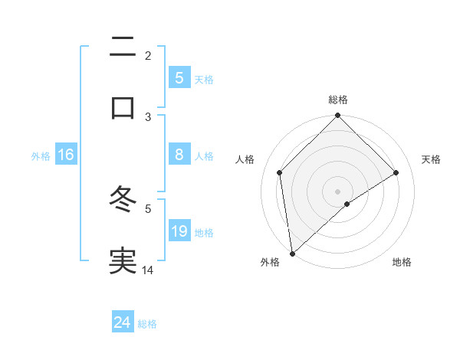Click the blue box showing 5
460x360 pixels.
pos(179,77)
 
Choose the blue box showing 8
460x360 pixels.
pos(179,155)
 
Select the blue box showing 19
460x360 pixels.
pos(179,231)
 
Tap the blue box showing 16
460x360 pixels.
pos(66,155)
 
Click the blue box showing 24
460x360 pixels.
pos(123,322)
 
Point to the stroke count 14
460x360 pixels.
pos(148,270)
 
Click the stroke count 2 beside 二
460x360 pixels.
pos(148,55)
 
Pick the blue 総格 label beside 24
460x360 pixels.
pos(147,324)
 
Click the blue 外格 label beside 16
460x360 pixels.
pos(41,155)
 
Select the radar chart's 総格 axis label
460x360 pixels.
pos(338,100)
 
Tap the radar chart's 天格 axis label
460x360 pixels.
pos(432,159)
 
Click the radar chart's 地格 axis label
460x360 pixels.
pos(402,262)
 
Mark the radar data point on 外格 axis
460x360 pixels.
pos(291,254)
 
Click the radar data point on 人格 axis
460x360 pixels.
pos(280,172)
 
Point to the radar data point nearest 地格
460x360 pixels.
pos(347,204)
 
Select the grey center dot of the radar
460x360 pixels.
pos(338,191)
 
